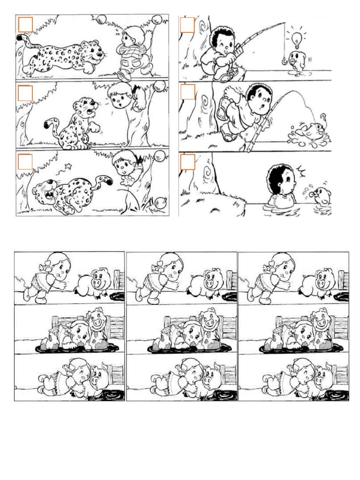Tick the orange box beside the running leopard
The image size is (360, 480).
25,24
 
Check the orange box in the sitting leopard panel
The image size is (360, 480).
25,93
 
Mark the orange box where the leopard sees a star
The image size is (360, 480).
25,162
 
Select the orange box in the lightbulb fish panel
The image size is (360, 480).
187,25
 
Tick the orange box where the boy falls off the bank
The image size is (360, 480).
187,92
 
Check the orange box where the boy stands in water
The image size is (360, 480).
187,162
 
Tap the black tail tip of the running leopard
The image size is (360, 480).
20,37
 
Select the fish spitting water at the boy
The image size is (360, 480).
322,196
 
